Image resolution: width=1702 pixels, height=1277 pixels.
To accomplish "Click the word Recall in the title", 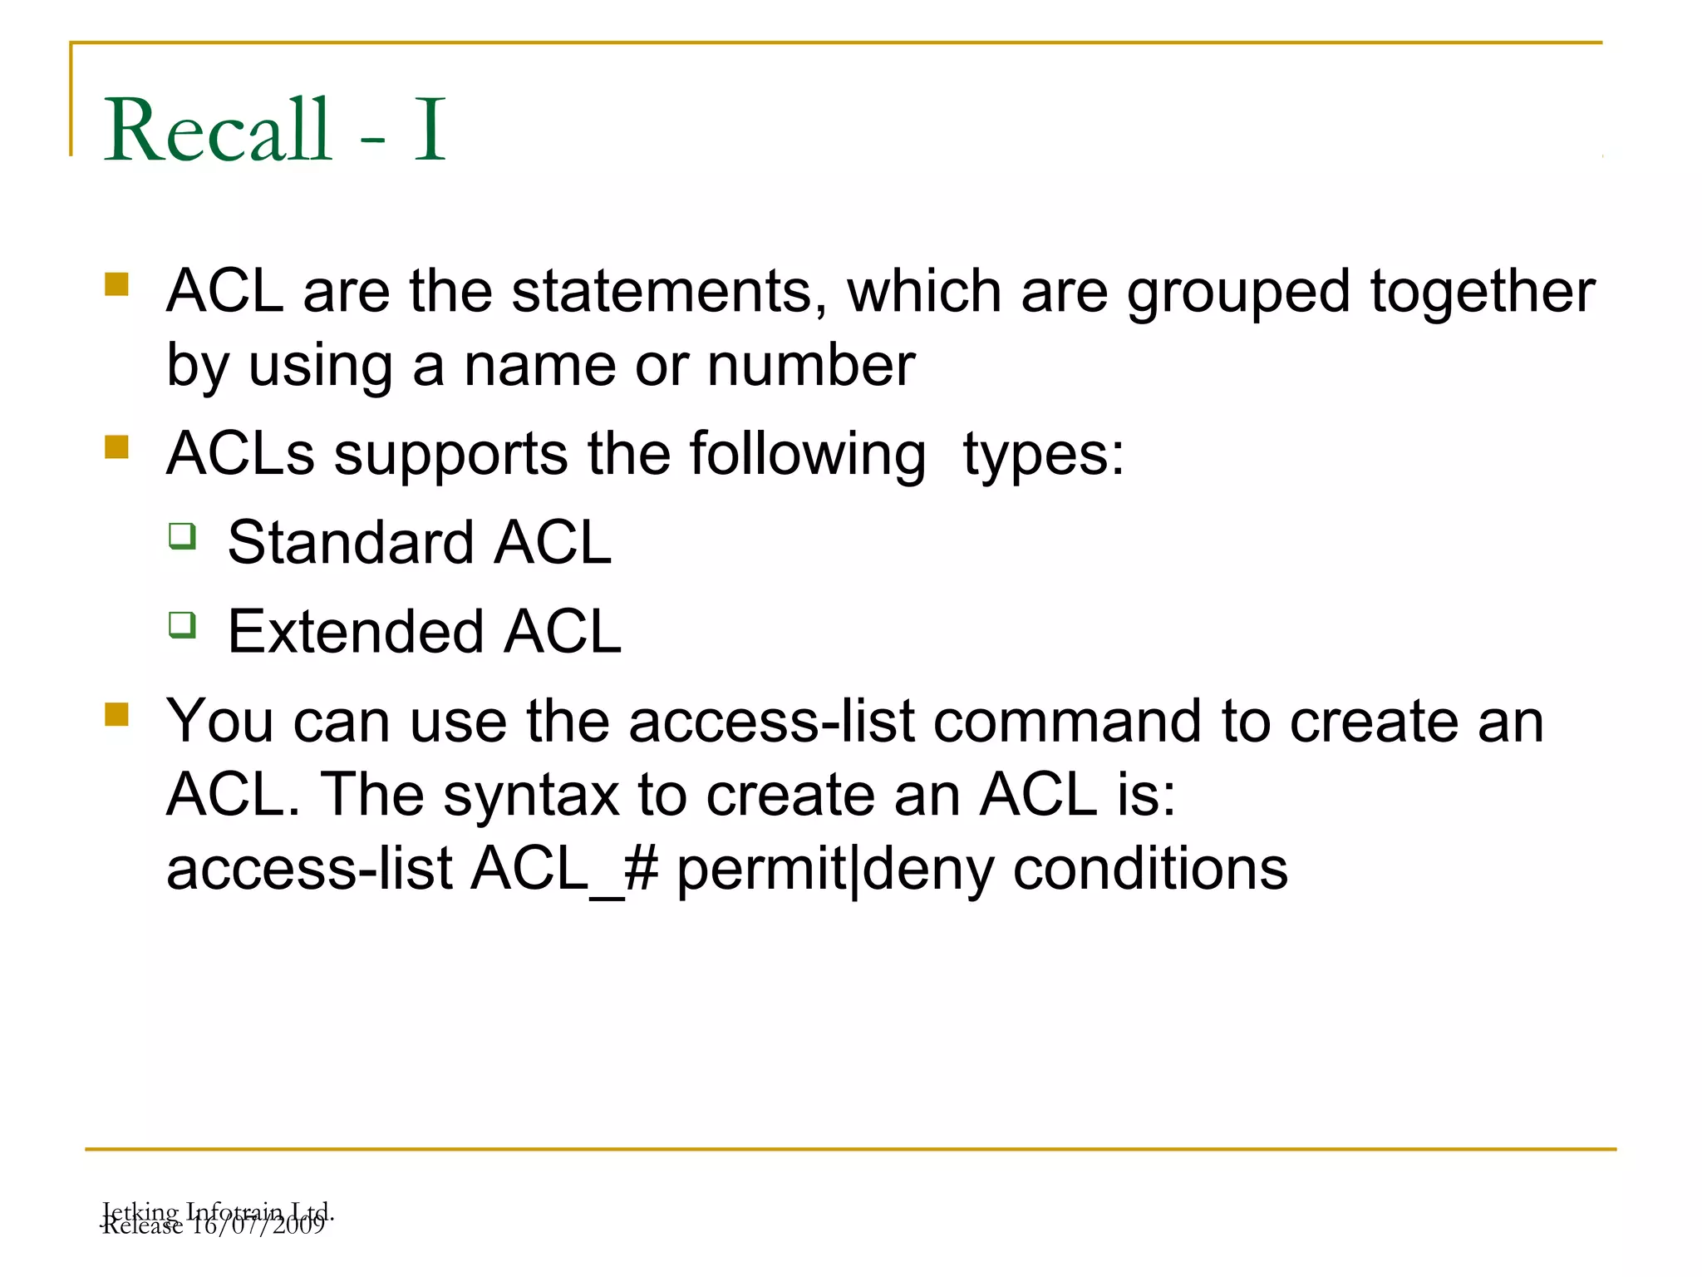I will (218, 131).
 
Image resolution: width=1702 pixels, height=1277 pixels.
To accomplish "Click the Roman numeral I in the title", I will (430, 131).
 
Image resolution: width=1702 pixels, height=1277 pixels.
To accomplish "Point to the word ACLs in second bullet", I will (240, 455).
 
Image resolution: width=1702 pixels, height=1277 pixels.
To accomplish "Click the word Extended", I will (355, 632).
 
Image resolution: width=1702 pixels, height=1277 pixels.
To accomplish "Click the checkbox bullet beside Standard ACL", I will (182, 536).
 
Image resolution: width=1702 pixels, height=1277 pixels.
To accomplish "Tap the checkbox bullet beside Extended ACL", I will (182, 625).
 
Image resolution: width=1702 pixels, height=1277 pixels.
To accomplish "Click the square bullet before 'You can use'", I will (117, 715).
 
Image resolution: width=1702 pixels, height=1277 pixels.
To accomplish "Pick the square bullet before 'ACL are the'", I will (117, 284).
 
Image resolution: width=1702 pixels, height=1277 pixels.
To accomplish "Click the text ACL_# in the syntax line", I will (565, 869).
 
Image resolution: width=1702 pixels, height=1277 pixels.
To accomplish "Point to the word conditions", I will (1150, 869).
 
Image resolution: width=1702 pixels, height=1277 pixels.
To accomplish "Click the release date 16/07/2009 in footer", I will (258, 1226).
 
